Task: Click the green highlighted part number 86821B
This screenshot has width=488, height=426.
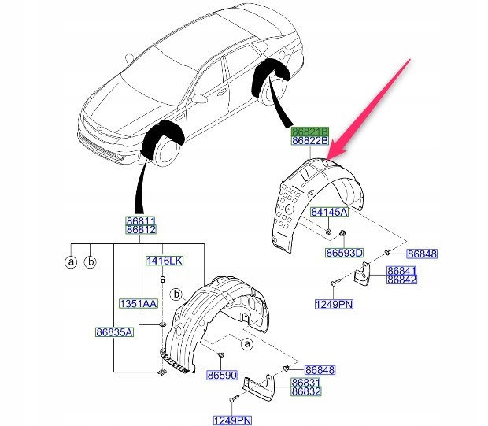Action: coord(309,131)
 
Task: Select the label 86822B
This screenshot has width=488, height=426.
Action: coord(309,141)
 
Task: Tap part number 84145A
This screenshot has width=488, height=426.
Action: coord(329,212)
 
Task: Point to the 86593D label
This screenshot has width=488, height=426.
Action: coord(345,253)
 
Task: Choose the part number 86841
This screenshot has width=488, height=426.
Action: coord(401,270)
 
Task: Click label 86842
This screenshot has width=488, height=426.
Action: coord(401,280)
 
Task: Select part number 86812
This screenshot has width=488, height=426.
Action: coord(142,230)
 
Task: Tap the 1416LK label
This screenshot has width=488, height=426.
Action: coord(163,260)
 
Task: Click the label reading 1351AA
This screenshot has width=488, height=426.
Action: coord(139,303)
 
